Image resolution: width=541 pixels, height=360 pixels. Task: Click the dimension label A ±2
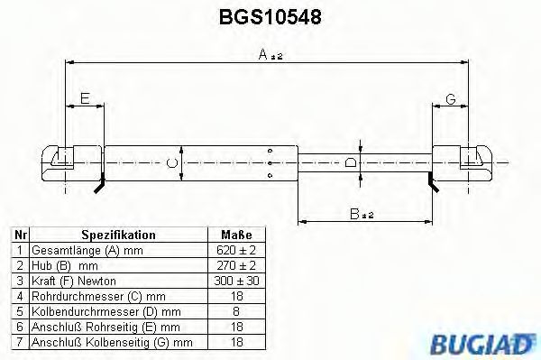(x=269, y=55)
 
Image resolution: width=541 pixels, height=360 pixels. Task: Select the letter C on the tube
(x=170, y=163)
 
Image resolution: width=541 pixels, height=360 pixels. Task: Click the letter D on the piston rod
(x=351, y=163)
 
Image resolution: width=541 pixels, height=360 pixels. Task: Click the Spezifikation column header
(x=118, y=235)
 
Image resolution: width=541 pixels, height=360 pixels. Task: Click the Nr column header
(x=19, y=235)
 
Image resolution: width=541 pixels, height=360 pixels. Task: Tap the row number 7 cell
(x=19, y=342)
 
